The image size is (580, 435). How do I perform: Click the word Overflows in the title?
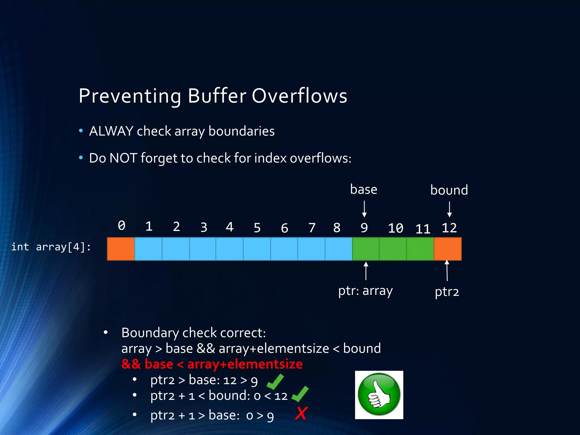[x=299, y=96]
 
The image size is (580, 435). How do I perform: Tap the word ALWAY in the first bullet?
[x=111, y=131]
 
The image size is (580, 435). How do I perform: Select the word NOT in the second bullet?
[x=123, y=158]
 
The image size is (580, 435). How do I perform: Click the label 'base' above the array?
[x=364, y=189]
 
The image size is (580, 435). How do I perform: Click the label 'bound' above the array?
[x=449, y=190]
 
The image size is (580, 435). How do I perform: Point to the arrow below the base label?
[x=364, y=209]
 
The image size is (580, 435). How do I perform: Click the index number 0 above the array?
[x=121, y=226]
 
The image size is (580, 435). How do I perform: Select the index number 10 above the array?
[x=395, y=228]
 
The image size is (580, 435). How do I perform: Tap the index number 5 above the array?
[x=257, y=228]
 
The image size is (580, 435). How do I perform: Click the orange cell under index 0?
[x=121, y=249]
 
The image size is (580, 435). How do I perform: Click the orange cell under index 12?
[x=448, y=249]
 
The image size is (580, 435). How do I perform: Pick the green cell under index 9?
[x=366, y=249]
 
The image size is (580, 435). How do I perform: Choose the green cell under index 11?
[x=420, y=249]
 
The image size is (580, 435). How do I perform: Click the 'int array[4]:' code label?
[x=51, y=247]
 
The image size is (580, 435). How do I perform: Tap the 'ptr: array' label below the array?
[x=365, y=291]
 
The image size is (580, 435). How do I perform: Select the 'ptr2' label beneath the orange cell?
[x=447, y=292]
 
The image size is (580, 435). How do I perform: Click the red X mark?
[x=301, y=413]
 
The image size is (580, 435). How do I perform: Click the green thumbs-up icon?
[x=379, y=395]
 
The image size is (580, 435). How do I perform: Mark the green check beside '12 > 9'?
[x=275, y=382]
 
